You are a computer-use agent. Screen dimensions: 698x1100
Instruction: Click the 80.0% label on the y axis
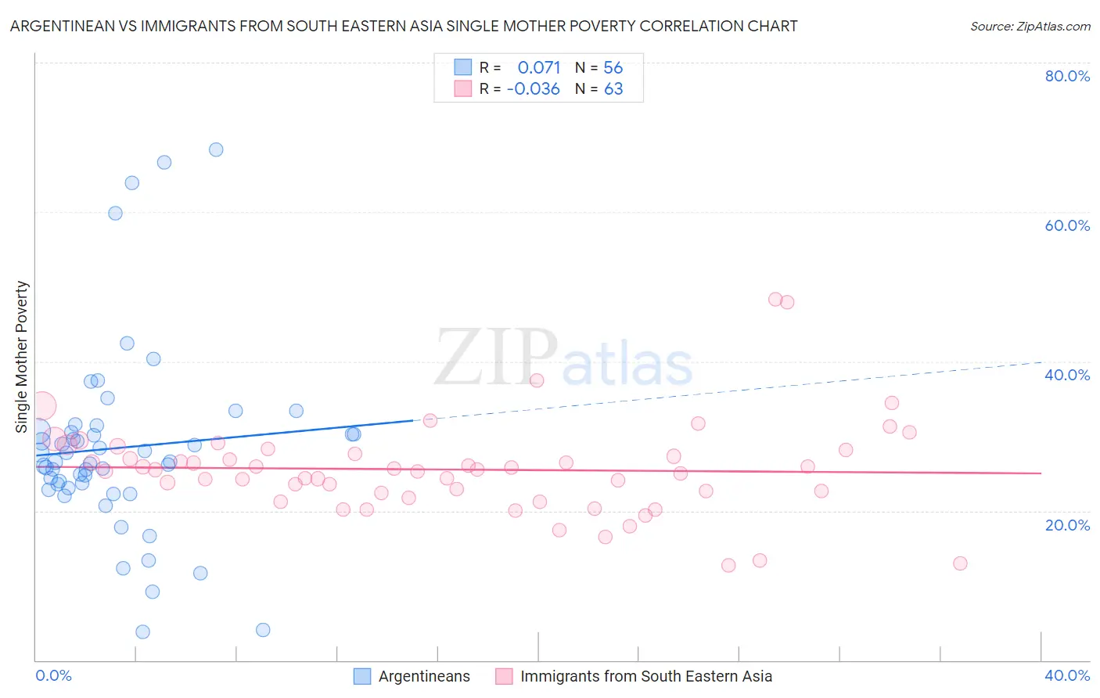coord(1067,76)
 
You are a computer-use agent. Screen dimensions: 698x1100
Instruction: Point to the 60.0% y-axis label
coord(1067,225)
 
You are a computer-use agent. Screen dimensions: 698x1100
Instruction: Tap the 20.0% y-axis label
coord(1067,525)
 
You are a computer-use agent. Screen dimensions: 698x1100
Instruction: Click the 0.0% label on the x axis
coord(53,675)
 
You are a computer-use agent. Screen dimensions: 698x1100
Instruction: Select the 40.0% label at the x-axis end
coord(1067,675)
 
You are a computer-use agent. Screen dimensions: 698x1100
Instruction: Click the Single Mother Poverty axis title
coord(22,357)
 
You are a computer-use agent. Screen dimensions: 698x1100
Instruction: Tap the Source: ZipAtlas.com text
coord(1030,26)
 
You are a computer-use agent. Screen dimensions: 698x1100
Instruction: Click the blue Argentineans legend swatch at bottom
coord(362,676)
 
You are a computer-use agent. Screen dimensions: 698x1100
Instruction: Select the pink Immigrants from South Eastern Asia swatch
coord(504,676)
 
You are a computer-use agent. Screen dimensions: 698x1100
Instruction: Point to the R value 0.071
coord(539,67)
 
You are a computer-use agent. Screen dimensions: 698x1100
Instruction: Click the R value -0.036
coord(534,89)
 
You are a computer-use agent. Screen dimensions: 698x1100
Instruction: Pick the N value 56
coord(613,67)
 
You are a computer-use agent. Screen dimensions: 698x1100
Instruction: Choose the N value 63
coord(613,89)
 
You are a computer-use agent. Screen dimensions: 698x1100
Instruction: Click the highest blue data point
coord(216,149)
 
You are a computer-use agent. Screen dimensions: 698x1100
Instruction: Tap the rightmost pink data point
coord(960,563)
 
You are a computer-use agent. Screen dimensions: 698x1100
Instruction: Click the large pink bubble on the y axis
coord(41,406)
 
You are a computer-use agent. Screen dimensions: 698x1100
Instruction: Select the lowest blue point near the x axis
coord(142,631)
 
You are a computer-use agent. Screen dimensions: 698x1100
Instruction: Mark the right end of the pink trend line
coord(1041,473)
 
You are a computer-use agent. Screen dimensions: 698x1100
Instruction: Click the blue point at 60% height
coord(115,213)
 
